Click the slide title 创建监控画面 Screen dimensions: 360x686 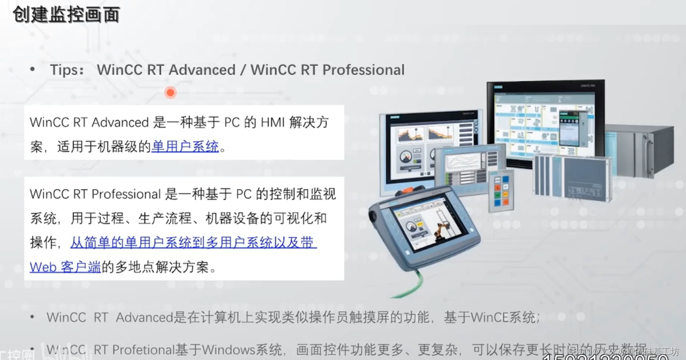[x=66, y=15]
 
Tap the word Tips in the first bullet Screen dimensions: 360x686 [x=64, y=70]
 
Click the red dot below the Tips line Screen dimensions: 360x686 [x=170, y=92]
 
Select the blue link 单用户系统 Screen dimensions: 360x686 [x=185, y=146]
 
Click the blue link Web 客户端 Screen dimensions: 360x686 [x=65, y=267]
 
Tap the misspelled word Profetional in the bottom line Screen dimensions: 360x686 [x=144, y=350]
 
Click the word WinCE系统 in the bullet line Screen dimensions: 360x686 [x=503, y=317]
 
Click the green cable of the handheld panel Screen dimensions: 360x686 [x=409, y=285]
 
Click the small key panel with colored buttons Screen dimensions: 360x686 [x=501, y=191]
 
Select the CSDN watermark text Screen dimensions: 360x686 [x=623, y=351]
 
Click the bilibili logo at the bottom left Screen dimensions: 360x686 [x=66, y=352]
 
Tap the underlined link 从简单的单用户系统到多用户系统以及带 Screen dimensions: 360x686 [x=193, y=243]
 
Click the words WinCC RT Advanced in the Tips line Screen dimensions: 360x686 [x=166, y=70]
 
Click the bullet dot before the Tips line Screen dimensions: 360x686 [x=32, y=69]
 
